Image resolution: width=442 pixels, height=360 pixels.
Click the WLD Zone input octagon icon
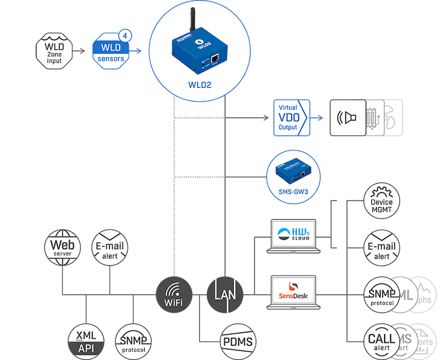[x=54, y=51]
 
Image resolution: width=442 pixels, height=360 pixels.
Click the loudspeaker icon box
[x=348, y=118]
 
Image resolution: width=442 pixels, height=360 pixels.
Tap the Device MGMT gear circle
[x=382, y=201]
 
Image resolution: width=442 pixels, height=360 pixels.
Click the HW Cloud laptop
[x=293, y=236]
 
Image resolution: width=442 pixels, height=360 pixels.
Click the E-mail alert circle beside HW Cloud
[x=382, y=247]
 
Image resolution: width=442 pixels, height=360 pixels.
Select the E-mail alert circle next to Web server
[x=109, y=247]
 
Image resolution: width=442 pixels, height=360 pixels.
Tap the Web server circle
[x=62, y=247]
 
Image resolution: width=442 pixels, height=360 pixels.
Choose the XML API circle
[x=86, y=340]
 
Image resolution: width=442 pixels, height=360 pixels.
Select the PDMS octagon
[x=238, y=340]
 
